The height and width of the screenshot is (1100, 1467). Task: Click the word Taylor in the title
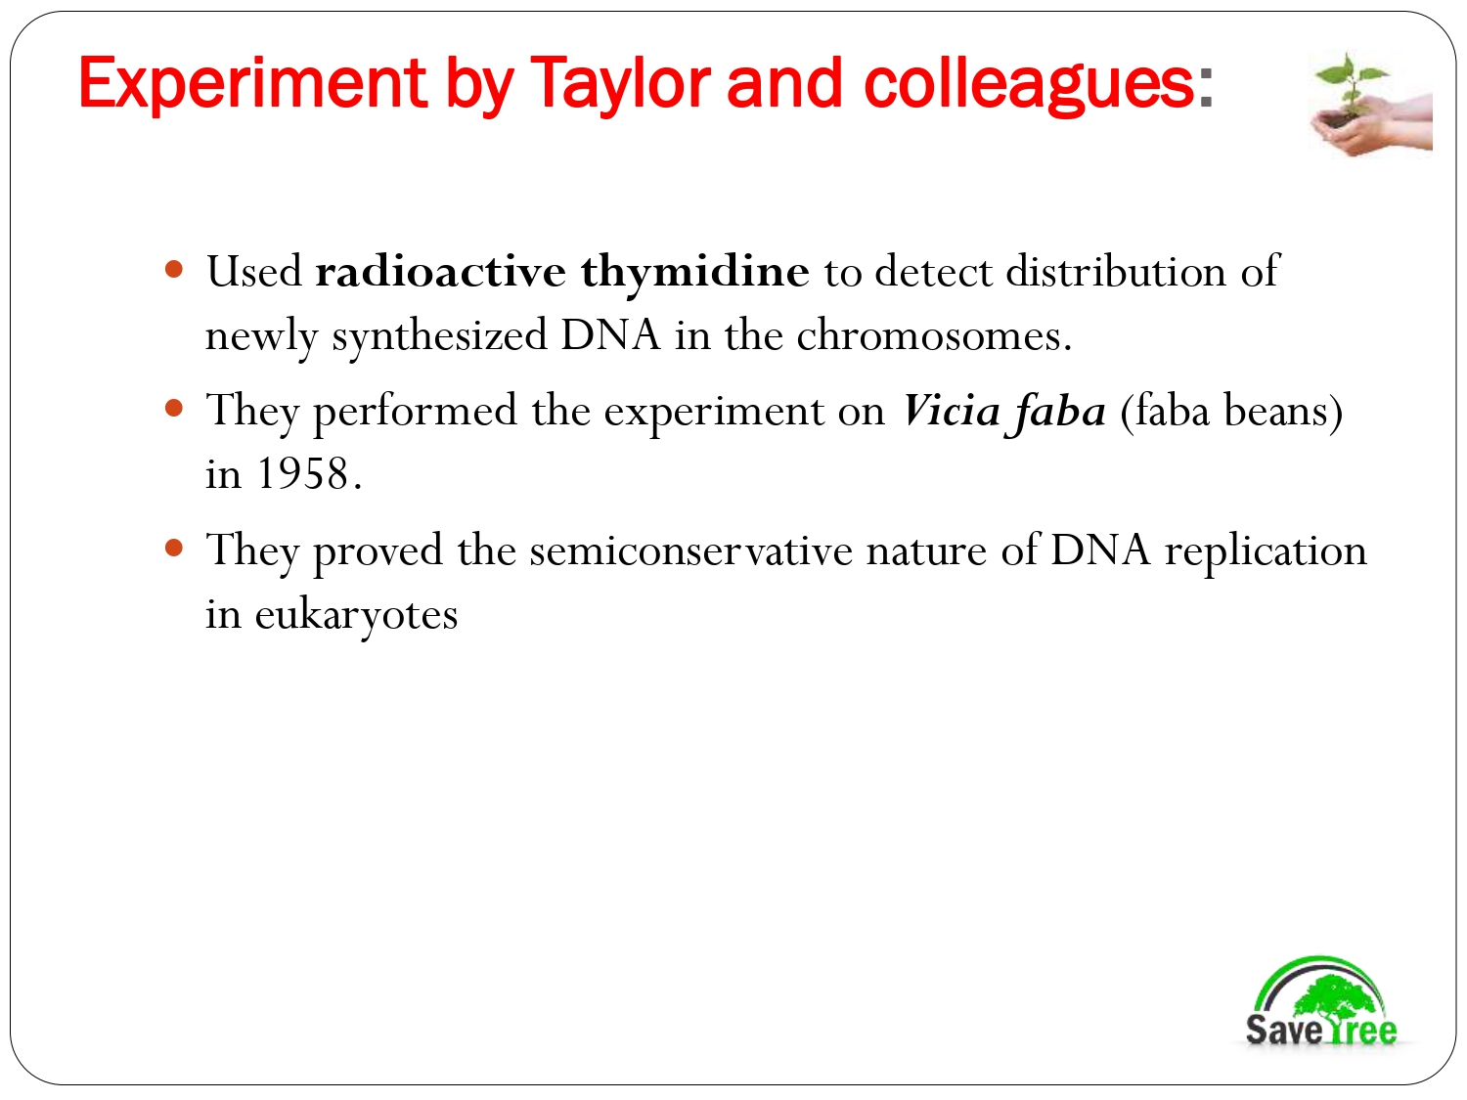[620, 84]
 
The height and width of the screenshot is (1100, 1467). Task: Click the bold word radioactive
[440, 272]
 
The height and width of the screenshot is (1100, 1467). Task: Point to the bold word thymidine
[694, 272]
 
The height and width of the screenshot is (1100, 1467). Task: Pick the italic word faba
[1060, 411]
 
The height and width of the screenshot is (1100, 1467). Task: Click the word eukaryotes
[356, 615]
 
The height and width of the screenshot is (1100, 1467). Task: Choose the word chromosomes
[928, 335]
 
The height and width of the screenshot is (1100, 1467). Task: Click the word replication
[1265, 550]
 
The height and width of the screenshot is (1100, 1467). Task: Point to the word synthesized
[439, 335]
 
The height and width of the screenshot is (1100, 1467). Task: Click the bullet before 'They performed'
[175, 408]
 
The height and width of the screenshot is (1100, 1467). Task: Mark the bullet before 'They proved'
[175, 548]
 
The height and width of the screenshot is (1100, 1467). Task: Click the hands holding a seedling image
[1370, 104]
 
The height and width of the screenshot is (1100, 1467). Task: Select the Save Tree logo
[1320, 1002]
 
